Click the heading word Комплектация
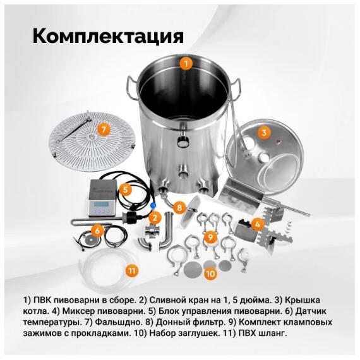(x=107, y=35)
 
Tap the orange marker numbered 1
(x=185, y=63)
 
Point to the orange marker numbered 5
(x=126, y=189)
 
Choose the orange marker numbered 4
(x=256, y=224)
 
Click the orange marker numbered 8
(x=179, y=207)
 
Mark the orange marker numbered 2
(x=154, y=217)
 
